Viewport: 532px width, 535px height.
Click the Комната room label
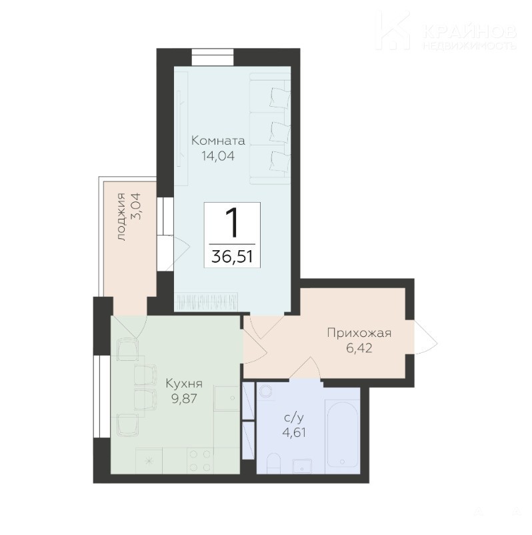218,140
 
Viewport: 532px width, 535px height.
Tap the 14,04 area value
218,156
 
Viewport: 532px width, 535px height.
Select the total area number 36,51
233,257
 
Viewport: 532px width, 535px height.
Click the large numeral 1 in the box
232,223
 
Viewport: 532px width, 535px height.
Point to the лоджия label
122,216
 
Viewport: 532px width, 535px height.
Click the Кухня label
184,383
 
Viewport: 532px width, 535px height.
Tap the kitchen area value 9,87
184,398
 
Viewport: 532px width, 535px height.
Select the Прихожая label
359,333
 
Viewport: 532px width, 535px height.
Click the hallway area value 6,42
359,348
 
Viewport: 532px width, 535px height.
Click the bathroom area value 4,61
294,432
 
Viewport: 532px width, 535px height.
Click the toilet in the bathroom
273,464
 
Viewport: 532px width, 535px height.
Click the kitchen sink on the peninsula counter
227,398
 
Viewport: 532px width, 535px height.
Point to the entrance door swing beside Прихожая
426,338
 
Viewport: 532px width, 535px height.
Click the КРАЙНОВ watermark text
469,32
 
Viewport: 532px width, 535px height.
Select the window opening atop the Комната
213,57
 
